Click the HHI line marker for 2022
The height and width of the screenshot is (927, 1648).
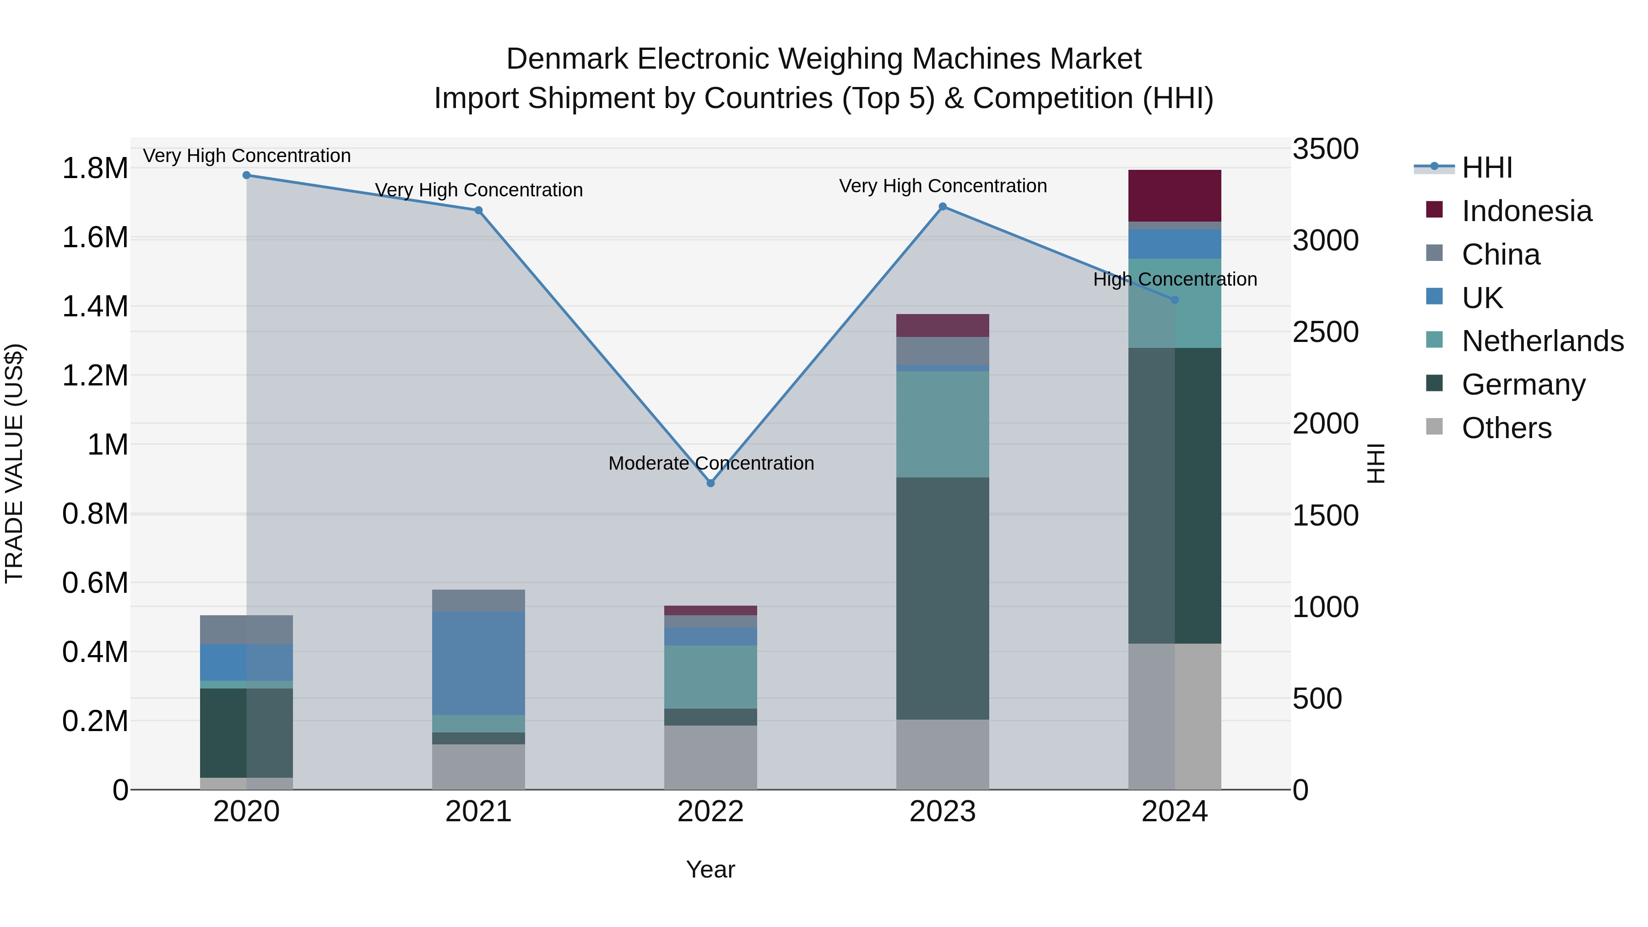(x=710, y=483)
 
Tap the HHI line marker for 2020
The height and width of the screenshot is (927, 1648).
(x=246, y=175)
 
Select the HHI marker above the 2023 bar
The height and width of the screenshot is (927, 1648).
(x=943, y=206)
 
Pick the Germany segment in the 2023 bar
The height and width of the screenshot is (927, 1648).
(x=943, y=598)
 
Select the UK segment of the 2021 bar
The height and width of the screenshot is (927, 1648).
(x=478, y=663)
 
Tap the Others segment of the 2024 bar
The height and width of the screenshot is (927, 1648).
(x=1175, y=716)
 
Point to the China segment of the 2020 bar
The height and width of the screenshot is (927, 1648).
(x=246, y=629)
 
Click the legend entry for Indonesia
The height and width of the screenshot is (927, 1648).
(x=1526, y=211)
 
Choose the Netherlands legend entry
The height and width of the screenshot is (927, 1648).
(x=1542, y=341)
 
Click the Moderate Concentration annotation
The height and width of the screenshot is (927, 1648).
(x=711, y=463)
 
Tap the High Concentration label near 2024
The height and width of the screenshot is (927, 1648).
(x=1175, y=280)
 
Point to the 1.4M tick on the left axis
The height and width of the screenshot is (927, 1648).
(x=95, y=306)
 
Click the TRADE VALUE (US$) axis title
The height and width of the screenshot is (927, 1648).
(x=14, y=463)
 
